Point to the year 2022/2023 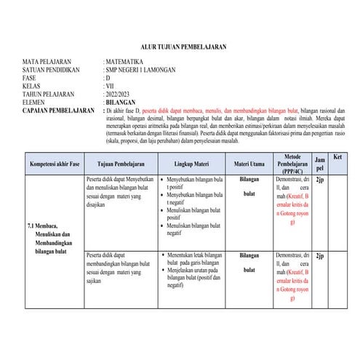pyautogui.click(x=121, y=94)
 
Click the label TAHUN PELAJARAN pyautogui.click(x=49, y=94)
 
